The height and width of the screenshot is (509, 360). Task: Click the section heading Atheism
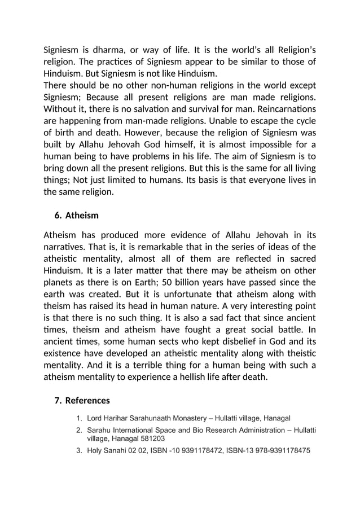tap(82, 216)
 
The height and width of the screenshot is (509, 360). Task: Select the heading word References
tap(87, 401)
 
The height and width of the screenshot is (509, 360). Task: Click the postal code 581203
tap(152, 438)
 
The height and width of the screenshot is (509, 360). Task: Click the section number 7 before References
tap(57, 401)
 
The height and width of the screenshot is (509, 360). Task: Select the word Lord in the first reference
tap(96, 418)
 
